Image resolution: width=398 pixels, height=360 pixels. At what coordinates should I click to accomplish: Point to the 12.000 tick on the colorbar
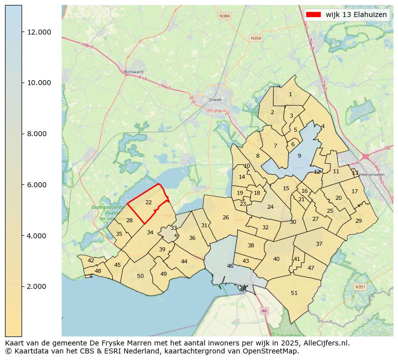coord(23,32)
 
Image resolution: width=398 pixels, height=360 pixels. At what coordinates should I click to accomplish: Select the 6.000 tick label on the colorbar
coord(39,185)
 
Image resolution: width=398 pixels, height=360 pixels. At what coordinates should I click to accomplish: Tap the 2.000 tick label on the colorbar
coord(39,286)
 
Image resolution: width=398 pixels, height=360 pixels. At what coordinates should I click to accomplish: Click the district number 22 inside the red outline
coord(148,202)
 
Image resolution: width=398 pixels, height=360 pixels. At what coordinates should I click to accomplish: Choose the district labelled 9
coord(299,156)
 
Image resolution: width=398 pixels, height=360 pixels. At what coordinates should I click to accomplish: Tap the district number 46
coord(230,266)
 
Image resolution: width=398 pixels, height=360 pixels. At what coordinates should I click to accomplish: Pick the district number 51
coord(294,293)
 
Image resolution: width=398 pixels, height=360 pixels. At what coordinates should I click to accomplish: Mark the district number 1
coord(290,94)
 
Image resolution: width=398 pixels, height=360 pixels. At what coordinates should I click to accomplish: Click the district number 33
coord(173,228)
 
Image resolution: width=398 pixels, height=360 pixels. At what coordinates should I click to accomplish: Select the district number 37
coord(319,244)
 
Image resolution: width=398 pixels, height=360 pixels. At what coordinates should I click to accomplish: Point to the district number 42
coord(91,260)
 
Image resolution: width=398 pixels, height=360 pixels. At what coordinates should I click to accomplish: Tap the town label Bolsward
coord(134,72)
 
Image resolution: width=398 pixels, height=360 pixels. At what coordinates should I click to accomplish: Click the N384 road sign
coord(225,16)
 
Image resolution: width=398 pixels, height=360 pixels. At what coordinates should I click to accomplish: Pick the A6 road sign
coord(264,311)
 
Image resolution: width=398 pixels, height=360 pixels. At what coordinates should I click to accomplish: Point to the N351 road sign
coord(360,287)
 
